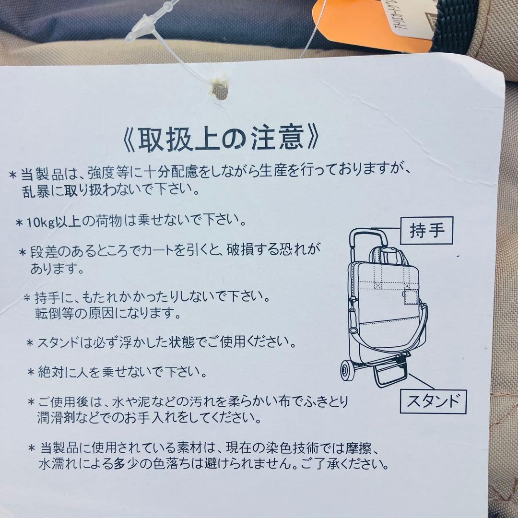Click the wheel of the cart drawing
(347, 372)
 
